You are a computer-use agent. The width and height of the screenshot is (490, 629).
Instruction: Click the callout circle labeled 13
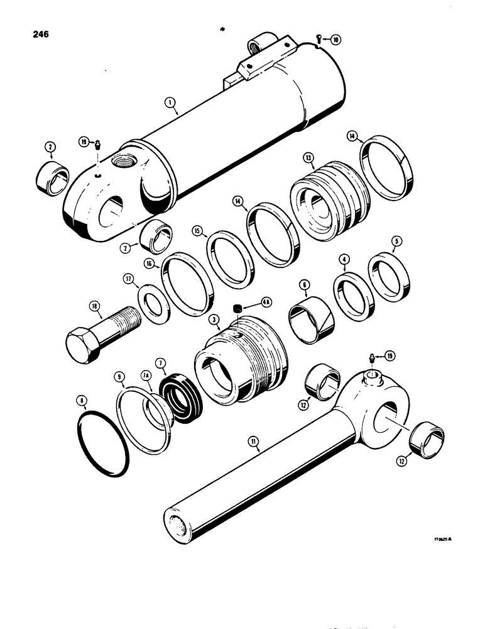point(308,157)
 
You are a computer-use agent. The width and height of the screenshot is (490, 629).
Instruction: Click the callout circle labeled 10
point(336,40)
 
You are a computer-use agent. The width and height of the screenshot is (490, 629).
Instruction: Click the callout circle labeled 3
point(214,321)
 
